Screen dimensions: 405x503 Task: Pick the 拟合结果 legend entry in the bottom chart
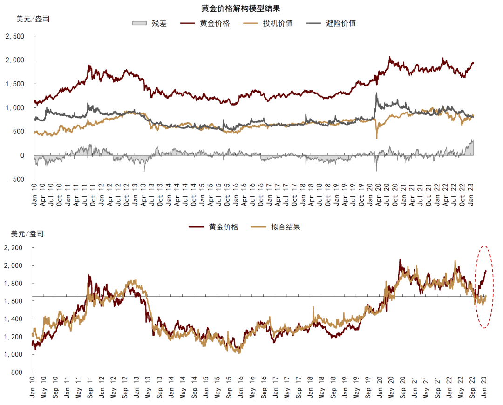coord(285,227)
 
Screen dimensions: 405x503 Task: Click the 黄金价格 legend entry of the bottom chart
coord(223,227)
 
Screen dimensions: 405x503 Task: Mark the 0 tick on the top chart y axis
coord(22,155)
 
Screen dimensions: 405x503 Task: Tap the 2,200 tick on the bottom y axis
coord(13,248)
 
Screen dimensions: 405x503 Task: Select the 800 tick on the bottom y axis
coord(16,372)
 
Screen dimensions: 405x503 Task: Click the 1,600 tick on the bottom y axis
coord(13,301)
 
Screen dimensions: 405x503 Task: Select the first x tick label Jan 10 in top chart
coord(34,194)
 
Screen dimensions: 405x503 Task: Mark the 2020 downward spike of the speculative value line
coord(377,138)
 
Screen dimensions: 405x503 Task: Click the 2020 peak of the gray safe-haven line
coord(376,93)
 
